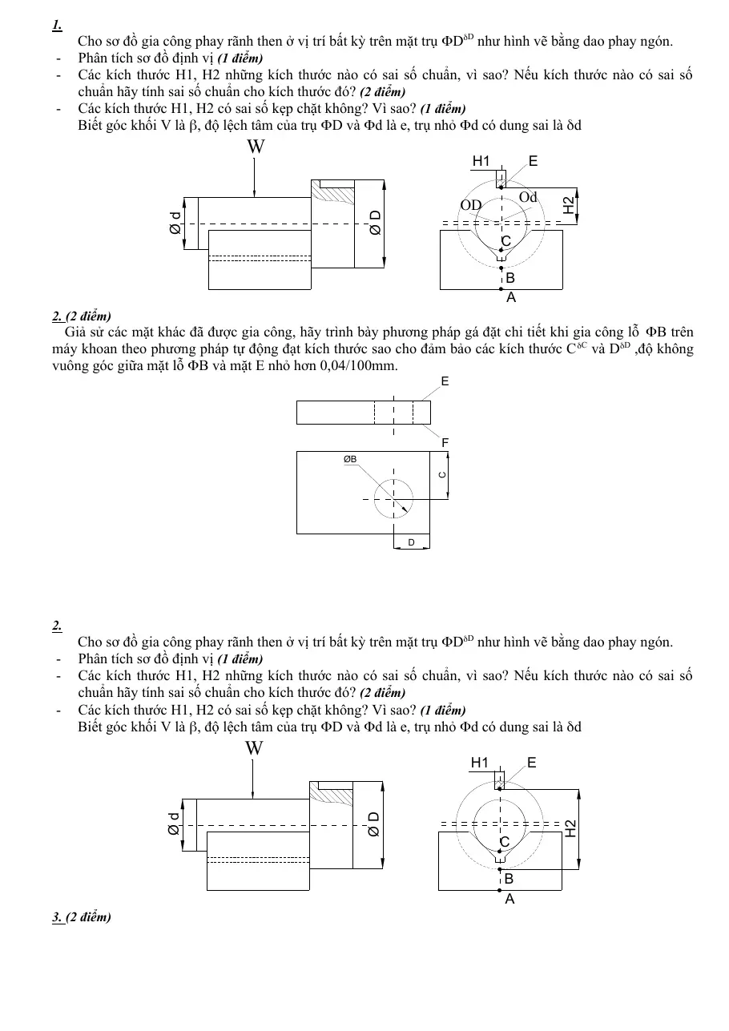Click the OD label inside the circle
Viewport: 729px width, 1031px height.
(471, 205)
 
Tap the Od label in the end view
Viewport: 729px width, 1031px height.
(528, 197)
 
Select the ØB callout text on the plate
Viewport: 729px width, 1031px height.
(350, 459)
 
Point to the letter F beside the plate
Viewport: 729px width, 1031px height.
(445, 443)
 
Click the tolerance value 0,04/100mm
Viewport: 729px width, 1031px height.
(359, 366)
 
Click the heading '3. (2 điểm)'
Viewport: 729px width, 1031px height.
(82, 917)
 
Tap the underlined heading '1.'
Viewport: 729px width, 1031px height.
(57, 25)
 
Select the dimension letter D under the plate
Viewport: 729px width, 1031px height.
(412, 542)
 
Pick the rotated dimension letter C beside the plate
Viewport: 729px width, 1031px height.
(443, 475)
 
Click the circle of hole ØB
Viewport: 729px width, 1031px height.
(393, 480)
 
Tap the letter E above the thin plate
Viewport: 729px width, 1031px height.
(445, 381)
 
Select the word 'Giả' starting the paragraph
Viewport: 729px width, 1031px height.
(74, 332)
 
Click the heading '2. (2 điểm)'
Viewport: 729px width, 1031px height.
(82, 316)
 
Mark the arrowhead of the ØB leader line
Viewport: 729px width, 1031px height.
(405, 509)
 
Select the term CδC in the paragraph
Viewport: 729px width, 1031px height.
(576, 348)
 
